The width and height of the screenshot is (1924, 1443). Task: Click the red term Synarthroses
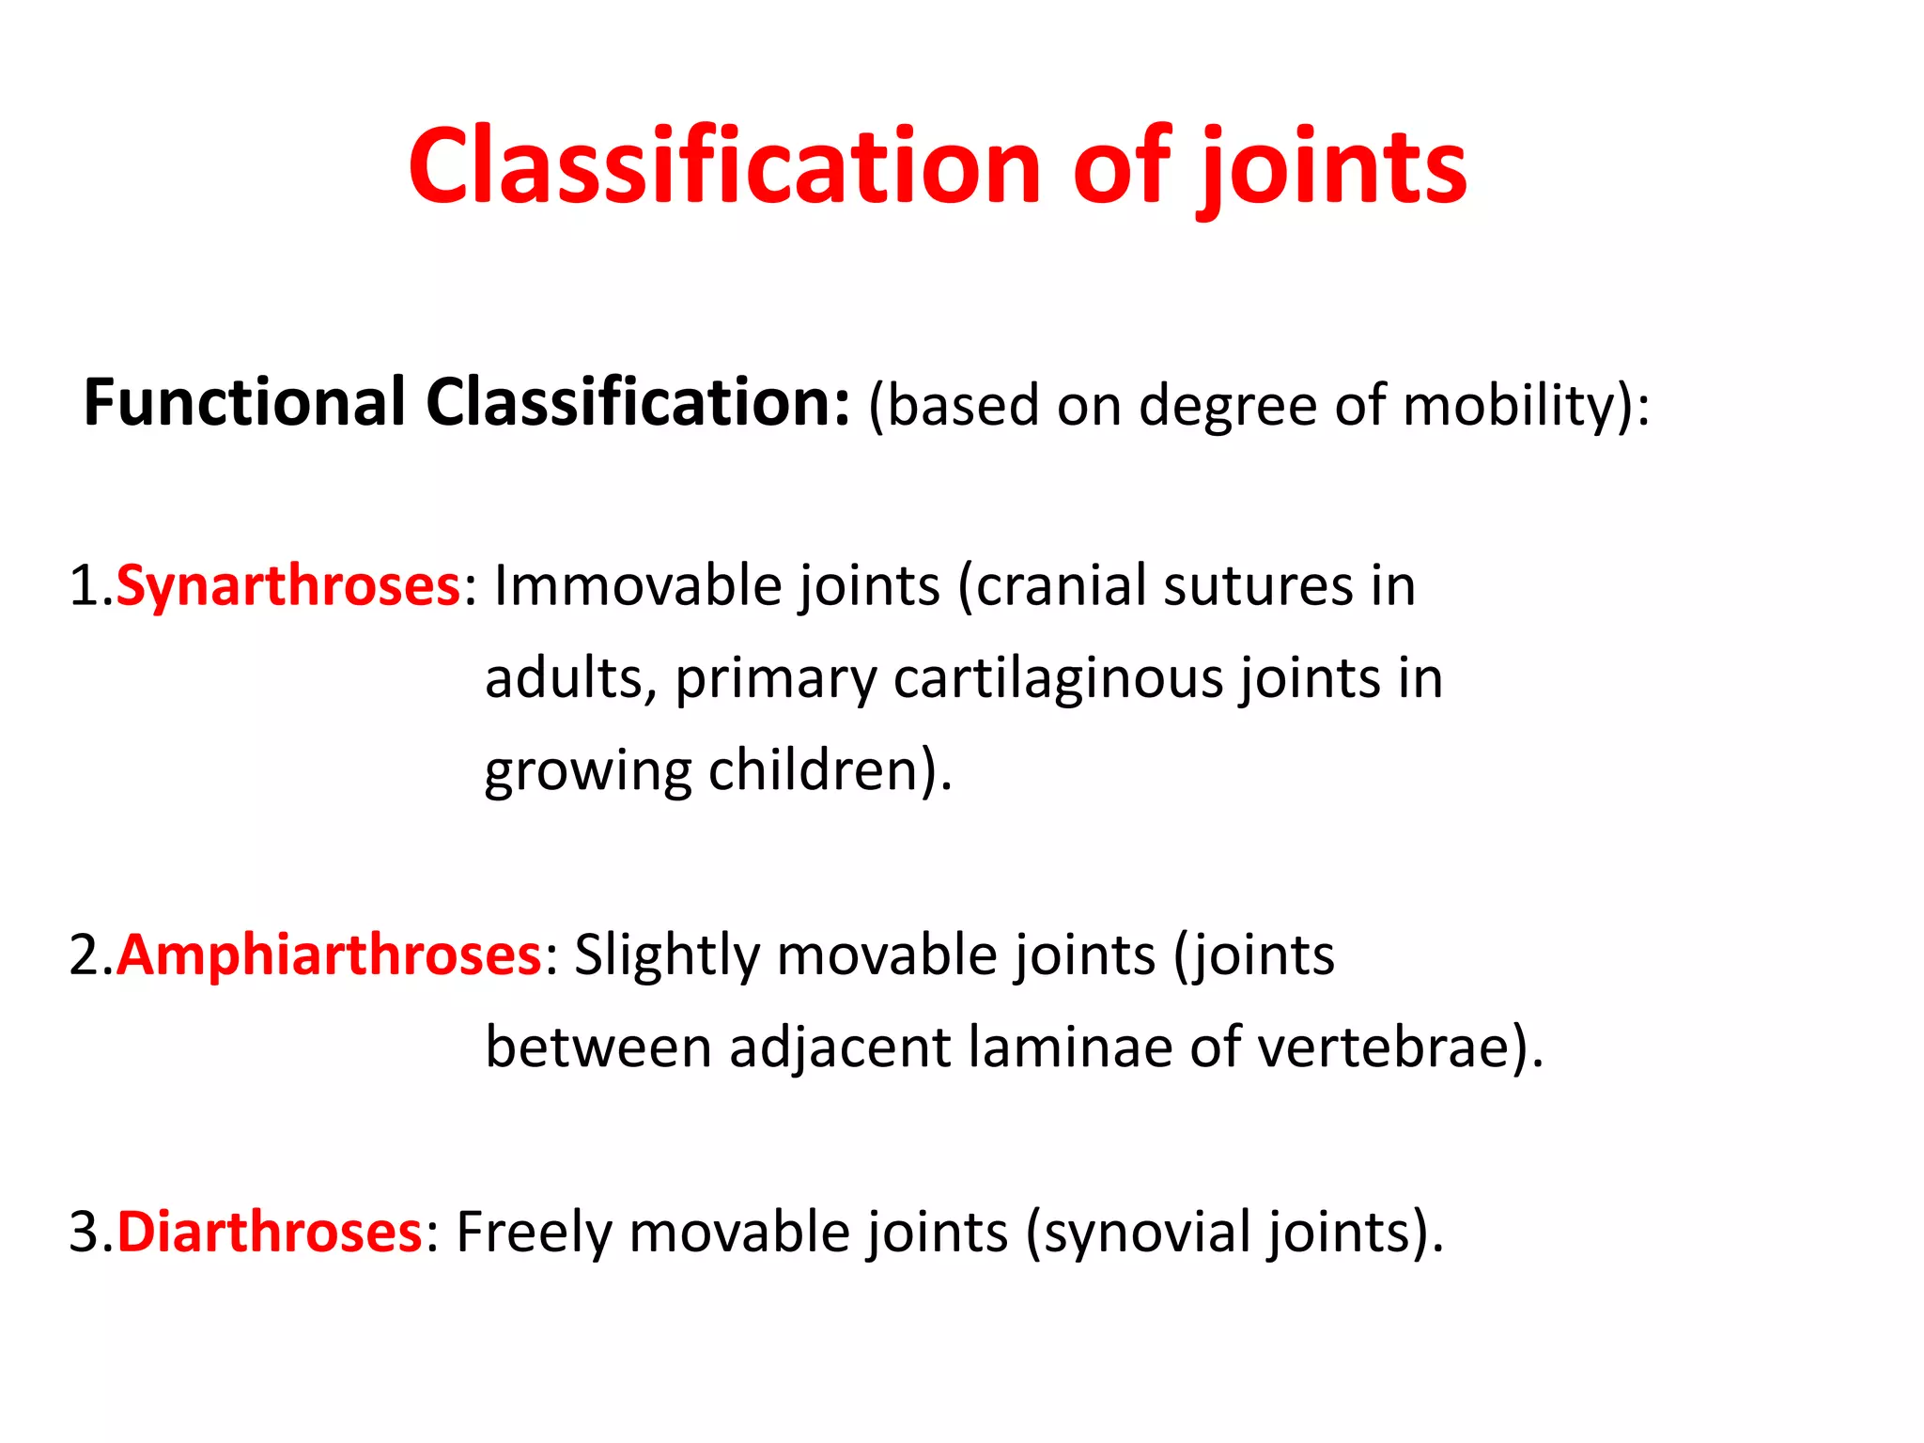coord(287,586)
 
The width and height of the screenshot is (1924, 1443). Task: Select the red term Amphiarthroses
coord(329,955)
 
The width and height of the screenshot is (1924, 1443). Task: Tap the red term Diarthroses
coord(270,1232)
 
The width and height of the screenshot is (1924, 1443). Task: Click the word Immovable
coord(638,586)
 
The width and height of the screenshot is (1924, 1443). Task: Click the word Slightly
coord(667,956)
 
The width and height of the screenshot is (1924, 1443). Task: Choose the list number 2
coord(85,956)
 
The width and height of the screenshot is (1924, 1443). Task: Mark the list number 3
coord(85,1233)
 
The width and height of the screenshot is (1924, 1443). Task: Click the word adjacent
coord(840,1048)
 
